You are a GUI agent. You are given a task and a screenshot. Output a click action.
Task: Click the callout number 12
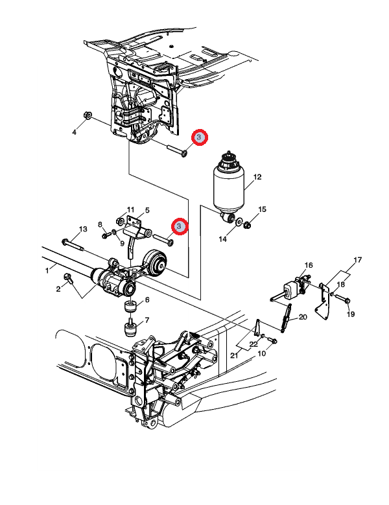click(257, 177)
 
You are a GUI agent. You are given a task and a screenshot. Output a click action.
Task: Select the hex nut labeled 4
click(88, 115)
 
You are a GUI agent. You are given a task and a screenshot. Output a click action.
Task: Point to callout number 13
click(83, 229)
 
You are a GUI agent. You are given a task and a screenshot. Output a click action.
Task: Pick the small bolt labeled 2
click(69, 278)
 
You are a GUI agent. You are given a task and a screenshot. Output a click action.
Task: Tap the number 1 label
click(47, 270)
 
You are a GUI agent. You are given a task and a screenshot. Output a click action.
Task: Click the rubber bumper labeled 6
click(131, 306)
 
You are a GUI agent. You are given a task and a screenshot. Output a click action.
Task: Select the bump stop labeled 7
click(130, 327)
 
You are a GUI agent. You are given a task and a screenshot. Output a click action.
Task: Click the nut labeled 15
click(247, 224)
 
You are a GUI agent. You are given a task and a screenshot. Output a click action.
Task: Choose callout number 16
click(309, 265)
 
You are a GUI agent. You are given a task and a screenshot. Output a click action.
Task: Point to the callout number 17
click(358, 259)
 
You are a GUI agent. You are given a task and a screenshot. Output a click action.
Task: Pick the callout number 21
click(234, 355)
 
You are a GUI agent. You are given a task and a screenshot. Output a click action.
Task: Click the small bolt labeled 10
click(272, 340)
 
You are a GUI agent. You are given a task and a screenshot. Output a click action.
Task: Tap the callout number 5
click(147, 210)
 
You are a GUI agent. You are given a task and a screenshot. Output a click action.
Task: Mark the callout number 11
click(130, 209)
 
